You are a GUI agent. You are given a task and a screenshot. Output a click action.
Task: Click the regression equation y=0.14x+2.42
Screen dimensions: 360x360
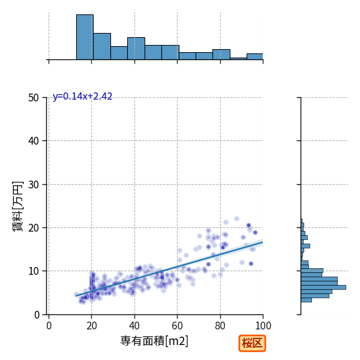click(82, 97)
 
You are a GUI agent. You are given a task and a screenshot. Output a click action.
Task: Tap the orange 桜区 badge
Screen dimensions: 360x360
click(252, 343)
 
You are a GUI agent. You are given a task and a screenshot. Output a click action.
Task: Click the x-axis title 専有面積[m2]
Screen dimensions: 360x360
click(154, 341)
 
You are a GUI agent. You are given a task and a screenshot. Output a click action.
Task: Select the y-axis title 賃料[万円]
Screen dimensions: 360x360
click(18, 206)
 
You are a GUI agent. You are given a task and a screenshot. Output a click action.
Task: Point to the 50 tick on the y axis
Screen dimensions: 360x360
click(34, 98)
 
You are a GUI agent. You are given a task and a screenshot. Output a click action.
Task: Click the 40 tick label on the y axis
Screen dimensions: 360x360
click(34, 141)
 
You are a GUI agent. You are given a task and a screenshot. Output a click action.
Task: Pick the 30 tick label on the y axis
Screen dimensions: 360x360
click(34, 185)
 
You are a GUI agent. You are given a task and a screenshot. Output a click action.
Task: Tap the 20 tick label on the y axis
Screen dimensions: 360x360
click(34, 228)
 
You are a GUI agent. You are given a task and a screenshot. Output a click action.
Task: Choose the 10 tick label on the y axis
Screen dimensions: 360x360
click(34, 271)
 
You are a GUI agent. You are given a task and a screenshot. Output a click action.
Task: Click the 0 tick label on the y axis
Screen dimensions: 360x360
click(37, 315)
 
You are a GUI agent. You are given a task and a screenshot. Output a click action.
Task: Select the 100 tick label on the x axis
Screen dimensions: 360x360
click(263, 326)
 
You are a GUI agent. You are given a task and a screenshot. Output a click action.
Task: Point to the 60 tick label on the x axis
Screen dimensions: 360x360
click(177, 326)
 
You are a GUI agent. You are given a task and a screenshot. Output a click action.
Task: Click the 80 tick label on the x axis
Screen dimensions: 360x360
click(220, 326)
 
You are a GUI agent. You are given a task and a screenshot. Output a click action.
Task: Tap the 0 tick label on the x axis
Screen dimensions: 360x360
click(49, 326)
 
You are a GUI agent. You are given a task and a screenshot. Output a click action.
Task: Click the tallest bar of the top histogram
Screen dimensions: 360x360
click(85, 37)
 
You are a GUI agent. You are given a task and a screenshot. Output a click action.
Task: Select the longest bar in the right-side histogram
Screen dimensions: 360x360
click(323, 287)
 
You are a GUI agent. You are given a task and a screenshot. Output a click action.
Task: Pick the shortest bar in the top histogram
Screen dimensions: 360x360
click(238, 59)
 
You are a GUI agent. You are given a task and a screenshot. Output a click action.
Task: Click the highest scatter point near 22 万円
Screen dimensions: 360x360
click(236, 218)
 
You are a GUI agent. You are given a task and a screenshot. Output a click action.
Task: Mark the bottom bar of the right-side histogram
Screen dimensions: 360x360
click(306, 300)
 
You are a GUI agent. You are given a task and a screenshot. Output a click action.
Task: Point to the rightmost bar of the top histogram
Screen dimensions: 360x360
click(255, 57)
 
